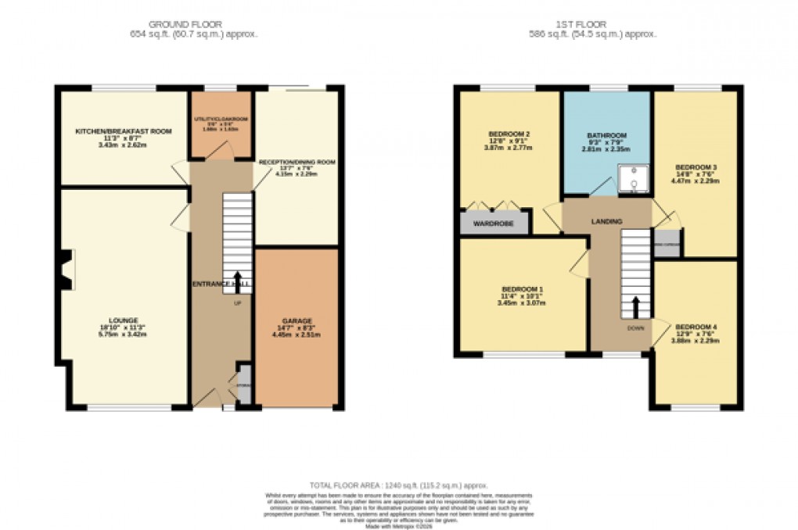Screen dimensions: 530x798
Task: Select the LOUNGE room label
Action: [124, 320]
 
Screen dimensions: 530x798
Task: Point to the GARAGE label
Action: [297, 321]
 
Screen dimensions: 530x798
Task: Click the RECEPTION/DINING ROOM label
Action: [297, 162]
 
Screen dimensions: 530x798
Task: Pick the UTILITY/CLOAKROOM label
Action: [220, 120]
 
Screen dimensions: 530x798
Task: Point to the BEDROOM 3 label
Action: [696, 167]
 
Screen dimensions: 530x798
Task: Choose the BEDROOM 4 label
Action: [696, 326]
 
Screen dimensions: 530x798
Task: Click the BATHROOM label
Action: [607, 135]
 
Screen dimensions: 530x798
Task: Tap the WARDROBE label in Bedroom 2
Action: [494, 224]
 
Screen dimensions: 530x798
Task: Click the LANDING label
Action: [607, 222]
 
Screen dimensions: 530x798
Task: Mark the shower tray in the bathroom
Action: [634, 179]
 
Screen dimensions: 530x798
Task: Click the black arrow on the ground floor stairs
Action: [238, 281]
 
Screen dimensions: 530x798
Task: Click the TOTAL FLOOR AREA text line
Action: [399, 485]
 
